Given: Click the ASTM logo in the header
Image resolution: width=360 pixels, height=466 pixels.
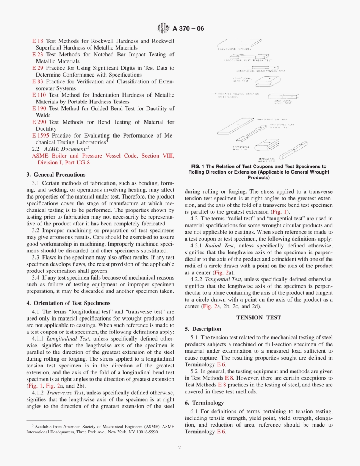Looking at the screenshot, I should point(163,28).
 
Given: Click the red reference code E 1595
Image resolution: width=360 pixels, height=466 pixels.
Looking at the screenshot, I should point(41,136).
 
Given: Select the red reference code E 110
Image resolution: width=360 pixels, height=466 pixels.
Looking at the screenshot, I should point(39,95).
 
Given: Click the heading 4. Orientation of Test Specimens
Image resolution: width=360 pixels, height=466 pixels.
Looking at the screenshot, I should point(68,303).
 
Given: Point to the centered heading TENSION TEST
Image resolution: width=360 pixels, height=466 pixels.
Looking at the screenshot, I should point(258,317).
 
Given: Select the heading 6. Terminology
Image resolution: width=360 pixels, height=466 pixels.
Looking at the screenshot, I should point(204,403).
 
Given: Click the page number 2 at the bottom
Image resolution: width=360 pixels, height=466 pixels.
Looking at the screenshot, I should point(180,447).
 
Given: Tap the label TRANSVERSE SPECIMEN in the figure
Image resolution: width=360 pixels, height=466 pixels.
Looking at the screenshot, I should point(271,119).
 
